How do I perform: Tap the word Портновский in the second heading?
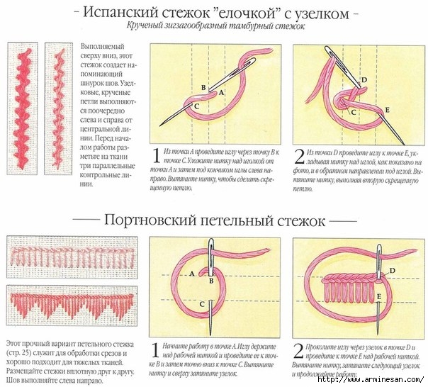[151, 221]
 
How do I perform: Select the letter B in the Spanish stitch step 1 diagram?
[203, 88]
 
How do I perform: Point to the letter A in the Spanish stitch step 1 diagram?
[220, 93]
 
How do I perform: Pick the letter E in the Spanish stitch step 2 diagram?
[387, 110]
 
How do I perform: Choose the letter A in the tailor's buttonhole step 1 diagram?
[193, 273]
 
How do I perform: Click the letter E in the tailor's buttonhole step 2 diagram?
[380, 296]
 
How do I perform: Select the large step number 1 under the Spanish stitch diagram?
[155, 156]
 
